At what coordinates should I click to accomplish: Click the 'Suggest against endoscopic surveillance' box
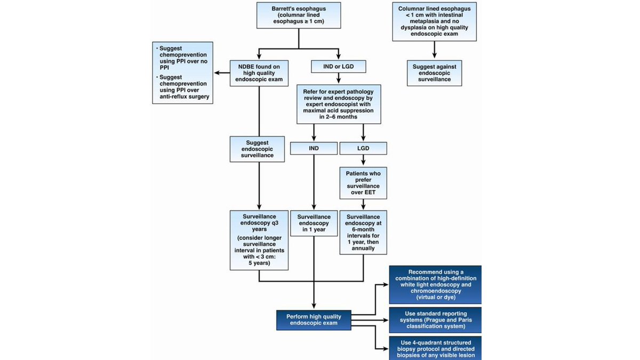click(x=434, y=73)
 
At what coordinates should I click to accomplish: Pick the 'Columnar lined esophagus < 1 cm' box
click(x=434, y=21)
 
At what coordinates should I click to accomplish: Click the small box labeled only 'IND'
click(x=314, y=149)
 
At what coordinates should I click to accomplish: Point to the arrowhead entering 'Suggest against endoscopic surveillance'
click(x=434, y=55)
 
